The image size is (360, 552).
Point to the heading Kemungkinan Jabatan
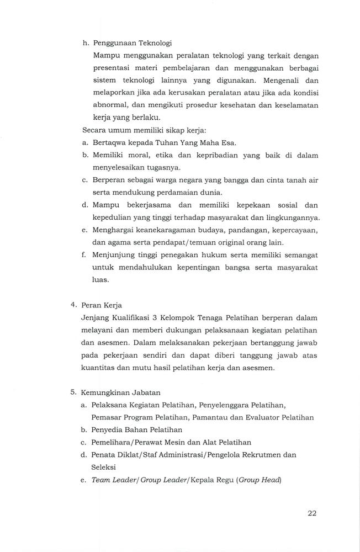tap(120, 392)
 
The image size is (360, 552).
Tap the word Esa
tap(229, 143)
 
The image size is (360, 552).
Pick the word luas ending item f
tap(100, 279)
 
